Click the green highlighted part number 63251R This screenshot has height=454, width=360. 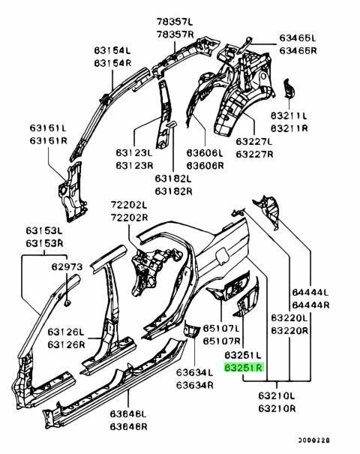(x=244, y=368)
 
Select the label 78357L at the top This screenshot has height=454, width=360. (x=175, y=22)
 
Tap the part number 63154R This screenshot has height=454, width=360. (x=112, y=63)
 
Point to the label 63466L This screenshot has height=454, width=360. (x=298, y=38)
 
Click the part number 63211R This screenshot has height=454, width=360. (x=289, y=128)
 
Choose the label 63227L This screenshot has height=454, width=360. (x=254, y=141)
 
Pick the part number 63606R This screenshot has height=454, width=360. (x=205, y=166)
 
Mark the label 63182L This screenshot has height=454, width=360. (x=173, y=179)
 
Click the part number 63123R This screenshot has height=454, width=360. (x=134, y=166)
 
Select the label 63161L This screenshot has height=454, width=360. (x=48, y=128)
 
